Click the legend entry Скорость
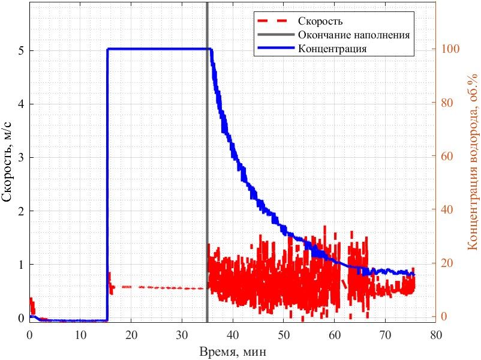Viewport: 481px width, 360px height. click(x=320, y=21)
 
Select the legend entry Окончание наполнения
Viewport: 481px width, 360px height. click(x=354, y=35)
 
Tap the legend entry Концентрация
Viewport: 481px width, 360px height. click(x=332, y=49)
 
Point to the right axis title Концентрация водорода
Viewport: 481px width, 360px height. click(x=473, y=162)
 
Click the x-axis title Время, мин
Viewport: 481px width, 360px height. click(x=233, y=352)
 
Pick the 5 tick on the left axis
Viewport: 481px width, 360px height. click(x=21, y=50)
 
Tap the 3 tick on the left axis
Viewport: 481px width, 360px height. click(x=21, y=157)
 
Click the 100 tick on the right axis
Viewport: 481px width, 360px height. click(x=450, y=49)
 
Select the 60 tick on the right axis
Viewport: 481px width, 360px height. click(x=447, y=156)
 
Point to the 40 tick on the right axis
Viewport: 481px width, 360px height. click(x=447, y=209)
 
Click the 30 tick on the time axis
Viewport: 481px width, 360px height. click(x=182, y=335)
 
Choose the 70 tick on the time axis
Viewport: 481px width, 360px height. click(x=385, y=335)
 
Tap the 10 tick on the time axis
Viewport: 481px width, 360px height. click(x=80, y=335)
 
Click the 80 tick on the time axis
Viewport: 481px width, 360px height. click(x=435, y=335)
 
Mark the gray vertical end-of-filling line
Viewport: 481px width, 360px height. click(x=207, y=162)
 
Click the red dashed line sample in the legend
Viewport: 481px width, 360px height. click(x=272, y=21)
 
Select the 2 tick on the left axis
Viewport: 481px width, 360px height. click(x=21, y=211)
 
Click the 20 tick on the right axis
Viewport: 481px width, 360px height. click(x=447, y=263)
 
